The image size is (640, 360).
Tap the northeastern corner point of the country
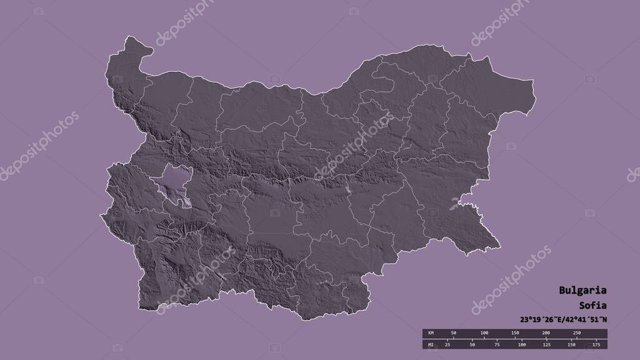point(532,81)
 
